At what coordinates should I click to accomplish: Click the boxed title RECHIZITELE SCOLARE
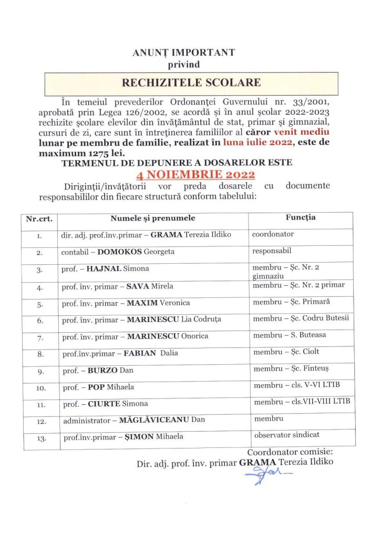pos(191,83)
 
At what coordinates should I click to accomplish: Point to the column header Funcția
pos(300,217)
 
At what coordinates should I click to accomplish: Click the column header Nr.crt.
pos(39,218)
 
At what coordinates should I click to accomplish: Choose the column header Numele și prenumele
pos(152,218)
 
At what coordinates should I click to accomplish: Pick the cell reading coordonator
pos(273,234)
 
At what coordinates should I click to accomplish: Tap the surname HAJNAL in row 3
pos(104,268)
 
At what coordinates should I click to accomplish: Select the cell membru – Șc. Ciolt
pos(286,352)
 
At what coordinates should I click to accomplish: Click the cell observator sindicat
pos(286,435)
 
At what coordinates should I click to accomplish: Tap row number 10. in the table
pos(39,387)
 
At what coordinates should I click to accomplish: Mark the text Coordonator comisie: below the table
pos(290,452)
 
